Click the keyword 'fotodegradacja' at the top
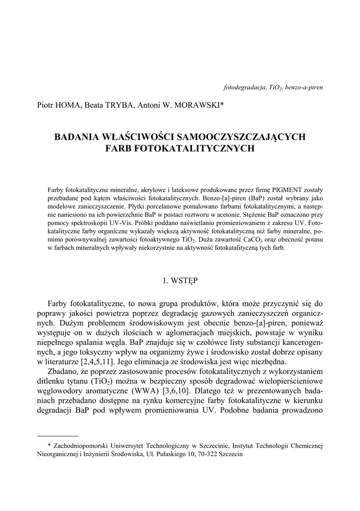244,87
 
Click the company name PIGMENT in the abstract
285,190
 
